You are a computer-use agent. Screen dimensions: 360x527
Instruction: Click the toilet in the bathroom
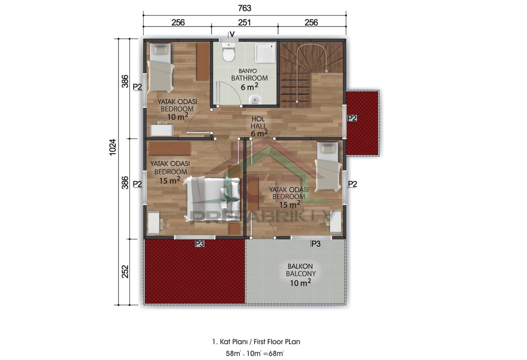point(229,52)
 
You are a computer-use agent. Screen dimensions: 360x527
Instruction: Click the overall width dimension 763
point(245,8)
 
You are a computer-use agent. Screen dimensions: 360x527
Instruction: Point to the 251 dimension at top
point(245,22)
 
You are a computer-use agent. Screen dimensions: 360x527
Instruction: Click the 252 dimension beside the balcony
point(125,271)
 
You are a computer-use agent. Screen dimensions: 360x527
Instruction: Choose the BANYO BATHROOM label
point(249,78)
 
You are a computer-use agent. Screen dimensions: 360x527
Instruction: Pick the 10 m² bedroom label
point(177,109)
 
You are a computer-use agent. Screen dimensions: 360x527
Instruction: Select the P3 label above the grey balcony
point(315,244)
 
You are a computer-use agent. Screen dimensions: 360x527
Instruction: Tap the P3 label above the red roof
point(199,244)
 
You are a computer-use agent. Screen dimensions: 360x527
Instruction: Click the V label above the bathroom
point(232,34)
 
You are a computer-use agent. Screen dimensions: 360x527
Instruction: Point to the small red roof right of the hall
point(362,123)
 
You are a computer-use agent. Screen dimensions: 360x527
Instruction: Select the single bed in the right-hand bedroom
point(328,167)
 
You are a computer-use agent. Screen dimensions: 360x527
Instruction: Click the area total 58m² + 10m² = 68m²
point(255,353)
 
